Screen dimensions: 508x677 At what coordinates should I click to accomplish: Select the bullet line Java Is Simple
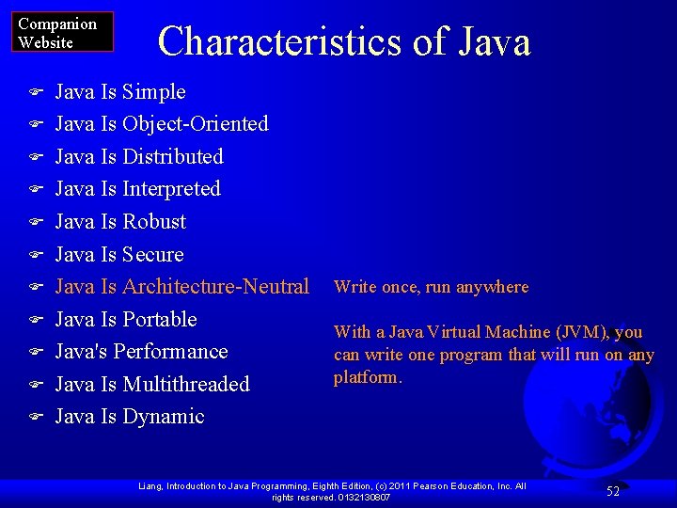point(120,92)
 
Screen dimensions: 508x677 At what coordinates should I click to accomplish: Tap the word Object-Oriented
point(195,124)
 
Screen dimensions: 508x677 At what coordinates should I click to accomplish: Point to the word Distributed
point(172,157)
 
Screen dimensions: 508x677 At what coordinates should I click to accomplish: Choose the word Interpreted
point(171,189)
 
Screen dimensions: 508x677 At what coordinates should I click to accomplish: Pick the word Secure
point(152,255)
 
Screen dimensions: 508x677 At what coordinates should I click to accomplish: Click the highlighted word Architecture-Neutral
point(215,287)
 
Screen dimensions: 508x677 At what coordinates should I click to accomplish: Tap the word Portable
point(159,320)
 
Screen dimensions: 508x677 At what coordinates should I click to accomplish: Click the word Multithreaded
point(185,385)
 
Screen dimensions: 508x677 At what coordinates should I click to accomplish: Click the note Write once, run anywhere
point(432,287)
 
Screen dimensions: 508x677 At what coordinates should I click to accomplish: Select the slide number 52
point(612,491)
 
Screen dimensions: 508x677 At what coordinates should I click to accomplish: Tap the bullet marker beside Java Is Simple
point(35,92)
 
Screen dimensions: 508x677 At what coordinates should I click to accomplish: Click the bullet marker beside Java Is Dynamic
point(35,417)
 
